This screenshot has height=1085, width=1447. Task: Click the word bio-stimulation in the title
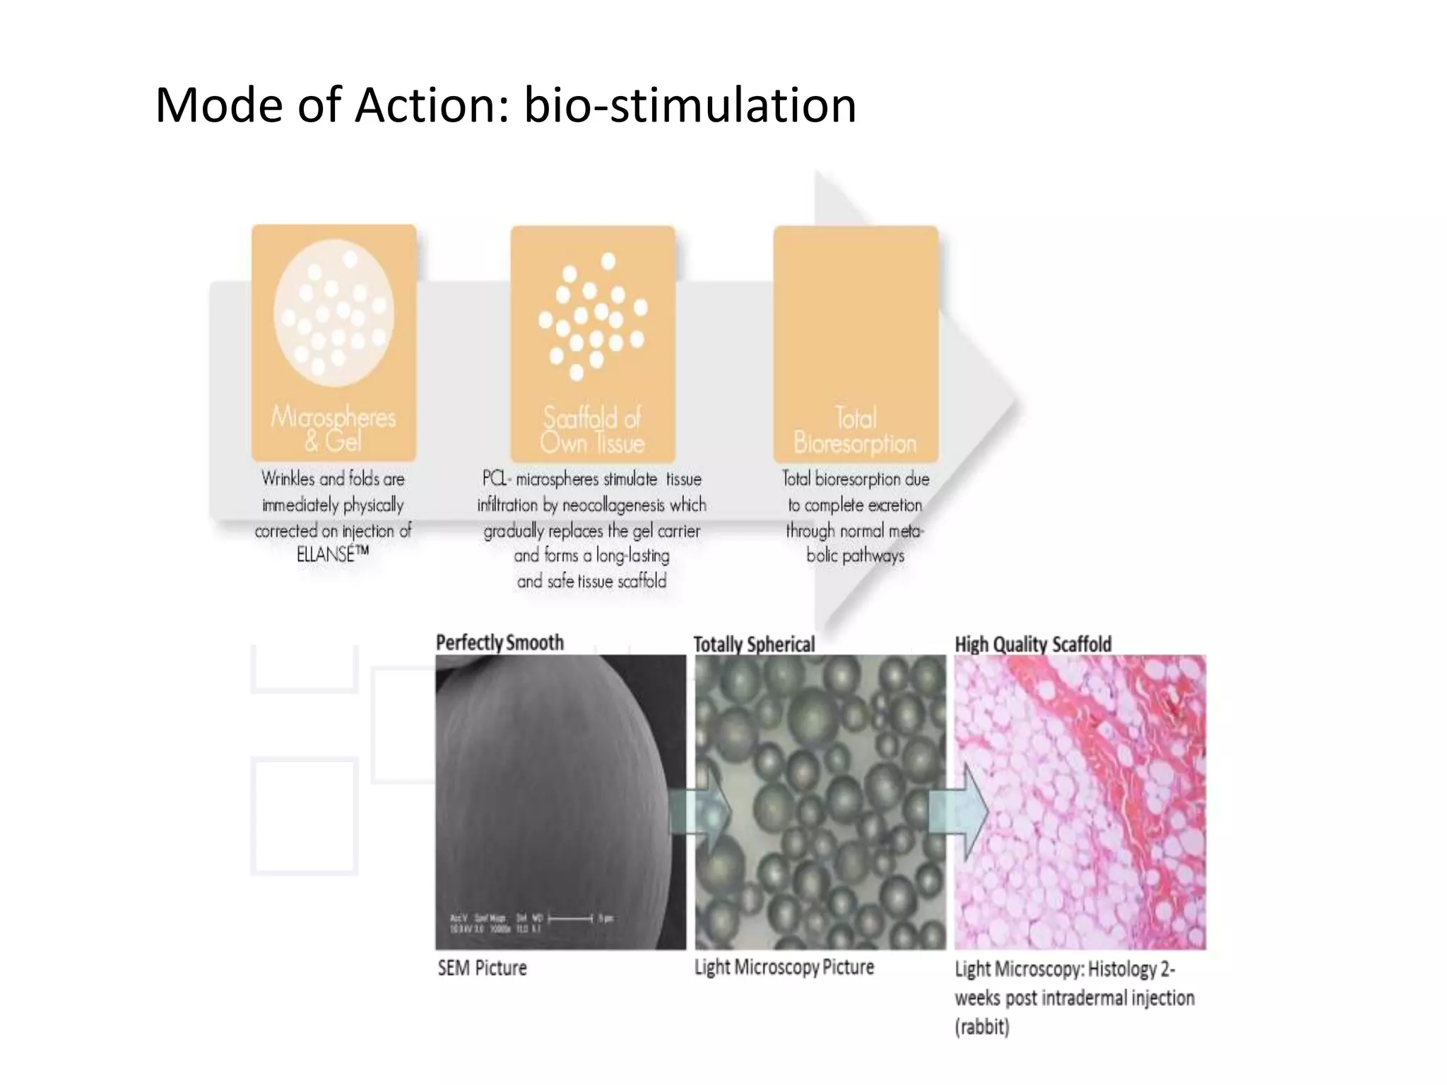[x=690, y=105]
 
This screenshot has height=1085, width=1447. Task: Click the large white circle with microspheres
[x=333, y=312]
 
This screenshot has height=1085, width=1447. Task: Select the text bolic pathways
[x=855, y=556]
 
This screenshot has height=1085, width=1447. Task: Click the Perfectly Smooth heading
[x=500, y=642]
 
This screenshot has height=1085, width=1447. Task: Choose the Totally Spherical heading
[x=754, y=644]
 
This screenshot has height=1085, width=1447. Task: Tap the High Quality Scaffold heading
[x=1033, y=644]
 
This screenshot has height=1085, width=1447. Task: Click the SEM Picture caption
[x=482, y=968]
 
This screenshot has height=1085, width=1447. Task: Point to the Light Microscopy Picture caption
[x=784, y=967]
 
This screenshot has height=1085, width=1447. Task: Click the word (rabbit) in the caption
[x=981, y=1026]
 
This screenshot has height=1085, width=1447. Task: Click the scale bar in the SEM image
[x=571, y=918]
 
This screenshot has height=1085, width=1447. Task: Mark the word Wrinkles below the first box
[x=288, y=479]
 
